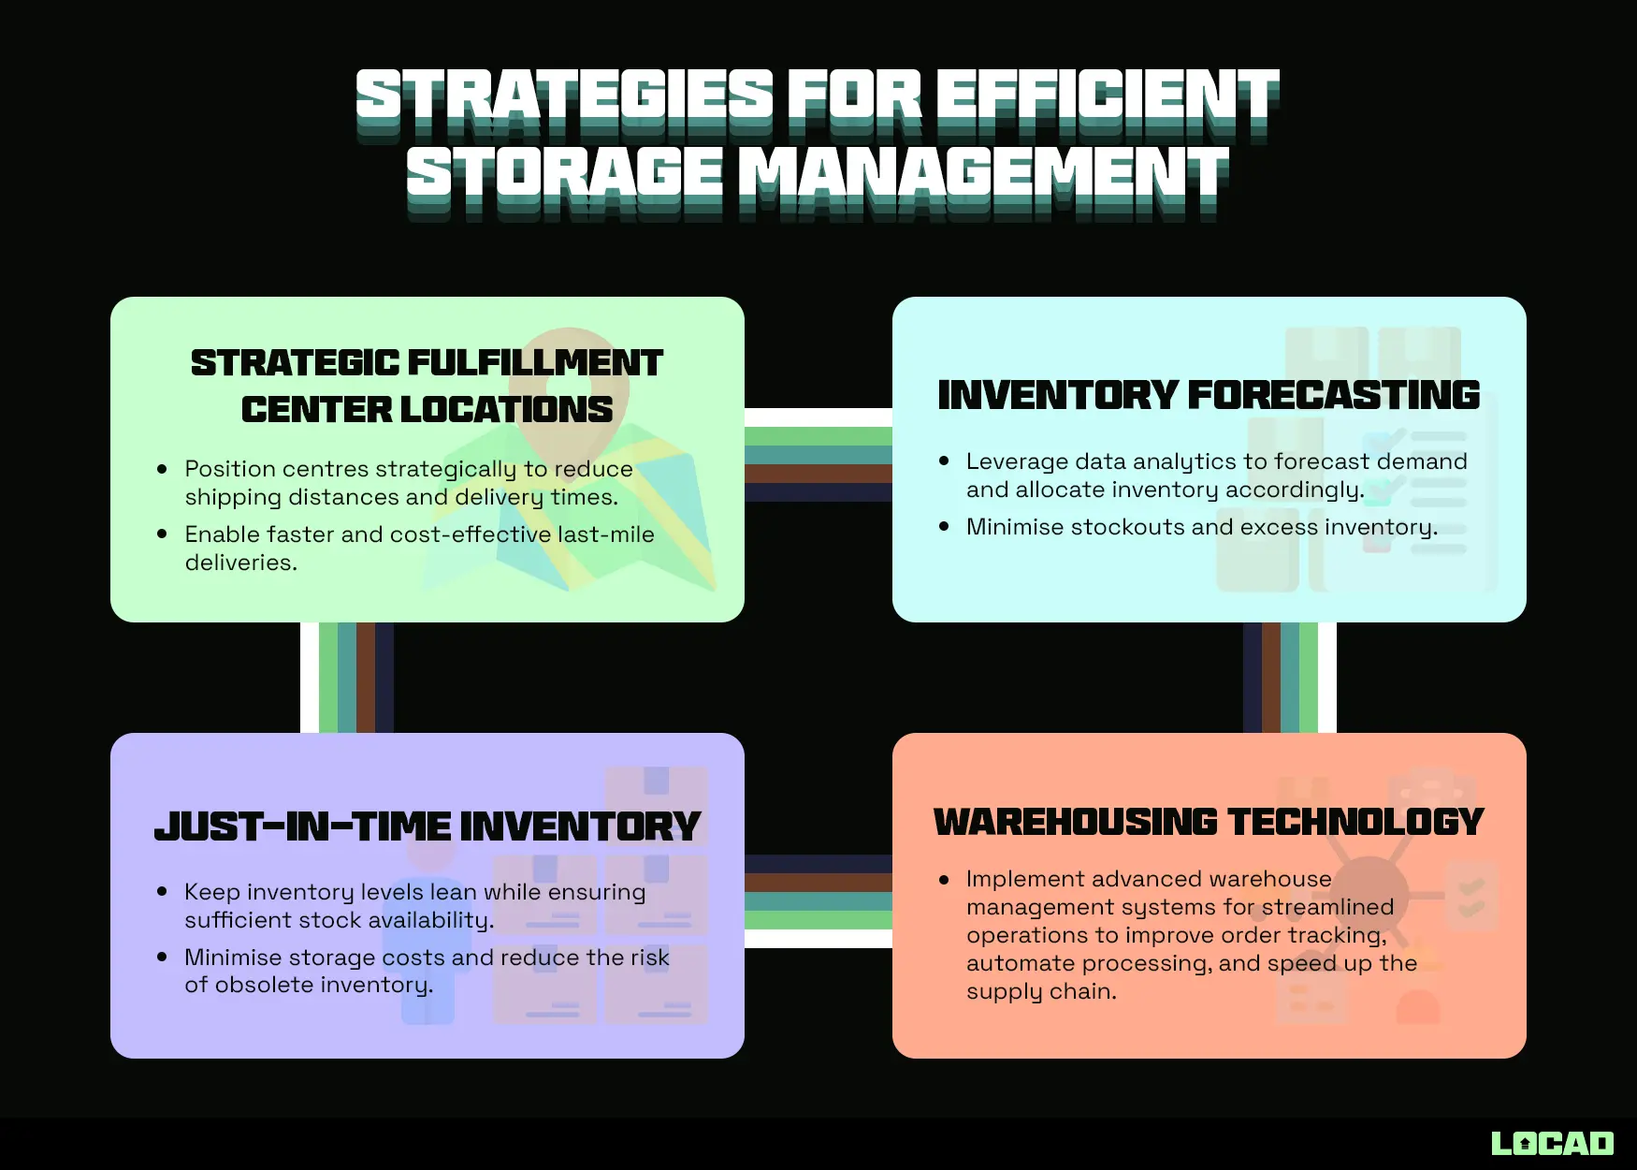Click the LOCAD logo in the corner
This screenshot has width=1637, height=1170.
1552,1143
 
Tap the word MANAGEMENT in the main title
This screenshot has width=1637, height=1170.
986,174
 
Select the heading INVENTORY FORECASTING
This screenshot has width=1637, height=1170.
1209,395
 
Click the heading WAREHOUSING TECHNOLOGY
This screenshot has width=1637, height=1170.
1209,822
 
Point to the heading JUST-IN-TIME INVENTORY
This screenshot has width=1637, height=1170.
427,826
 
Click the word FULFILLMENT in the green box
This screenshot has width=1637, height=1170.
535,363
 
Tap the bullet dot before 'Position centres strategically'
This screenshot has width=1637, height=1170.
162,469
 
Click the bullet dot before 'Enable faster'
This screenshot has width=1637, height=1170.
162,534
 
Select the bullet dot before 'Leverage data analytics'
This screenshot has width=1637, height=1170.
944,461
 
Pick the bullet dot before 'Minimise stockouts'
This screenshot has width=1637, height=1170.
944,527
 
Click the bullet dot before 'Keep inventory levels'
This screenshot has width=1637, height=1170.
162,892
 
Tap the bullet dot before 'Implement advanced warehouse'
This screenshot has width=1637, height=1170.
944,880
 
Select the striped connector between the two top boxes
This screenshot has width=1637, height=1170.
818,455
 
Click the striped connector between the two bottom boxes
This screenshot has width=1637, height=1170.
818,900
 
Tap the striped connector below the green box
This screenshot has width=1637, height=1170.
347,678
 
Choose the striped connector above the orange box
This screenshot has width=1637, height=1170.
1289,678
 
